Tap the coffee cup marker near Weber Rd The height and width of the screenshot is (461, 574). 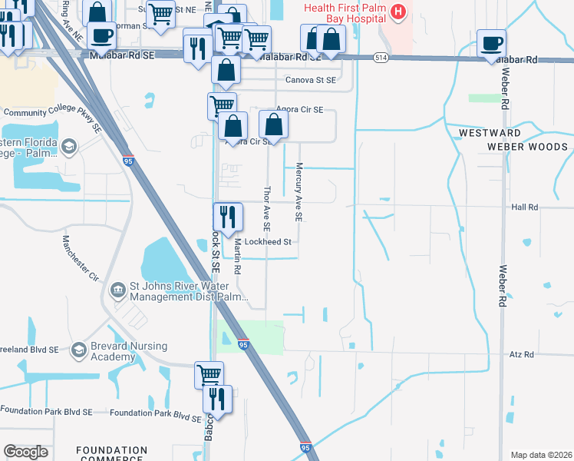click(x=491, y=44)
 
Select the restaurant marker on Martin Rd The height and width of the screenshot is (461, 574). click(x=228, y=217)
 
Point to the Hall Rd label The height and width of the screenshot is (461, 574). click(x=524, y=207)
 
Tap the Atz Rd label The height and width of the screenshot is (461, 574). click(x=521, y=354)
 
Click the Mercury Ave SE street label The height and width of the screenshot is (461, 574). click(x=299, y=192)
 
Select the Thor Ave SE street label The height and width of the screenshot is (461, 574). click(x=267, y=208)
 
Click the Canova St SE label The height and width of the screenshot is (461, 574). click(x=310, y=80)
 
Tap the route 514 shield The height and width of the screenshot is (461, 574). click(x=381, y=58)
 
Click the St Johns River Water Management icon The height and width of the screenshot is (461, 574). click(x=118, y=290)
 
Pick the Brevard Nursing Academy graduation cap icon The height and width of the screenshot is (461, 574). click(x=78, y=351)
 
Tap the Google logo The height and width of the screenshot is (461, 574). click(x=25, y=452)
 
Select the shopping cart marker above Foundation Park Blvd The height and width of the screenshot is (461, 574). click(x=209, y=375)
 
